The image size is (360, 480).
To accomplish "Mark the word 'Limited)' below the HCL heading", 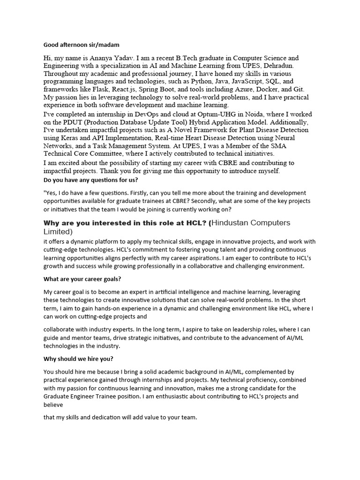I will pos(58,232).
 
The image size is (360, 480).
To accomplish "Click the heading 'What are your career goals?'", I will pos(82,279).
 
